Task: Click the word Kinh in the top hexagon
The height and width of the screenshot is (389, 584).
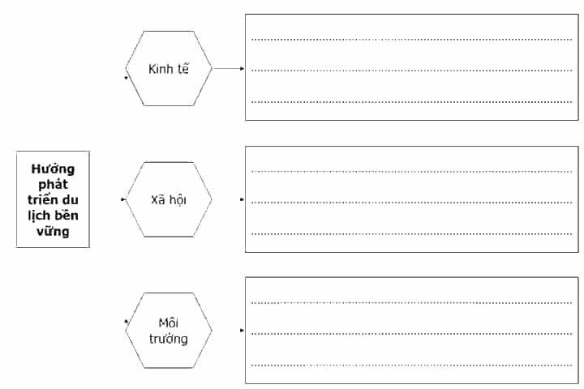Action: (160, 69)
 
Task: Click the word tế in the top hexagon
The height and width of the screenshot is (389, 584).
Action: (182, 69)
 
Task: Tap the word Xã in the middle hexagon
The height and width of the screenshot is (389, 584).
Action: (158, 200)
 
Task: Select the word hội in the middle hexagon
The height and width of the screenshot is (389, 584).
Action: (178, 200)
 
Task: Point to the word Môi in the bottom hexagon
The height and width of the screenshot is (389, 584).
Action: (169, 323)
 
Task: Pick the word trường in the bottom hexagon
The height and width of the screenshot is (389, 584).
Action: (169, 339)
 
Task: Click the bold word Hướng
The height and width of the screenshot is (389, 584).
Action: (53, 169)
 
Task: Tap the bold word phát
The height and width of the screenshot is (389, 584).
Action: (53, 184)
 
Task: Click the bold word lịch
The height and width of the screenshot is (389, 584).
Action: (38, 216)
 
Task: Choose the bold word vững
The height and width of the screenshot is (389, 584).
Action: (53, 232)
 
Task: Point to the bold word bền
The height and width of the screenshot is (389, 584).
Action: (66, 215)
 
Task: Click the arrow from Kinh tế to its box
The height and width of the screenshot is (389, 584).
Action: (229, 69)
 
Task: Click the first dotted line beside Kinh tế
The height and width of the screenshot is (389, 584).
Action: (411, 40)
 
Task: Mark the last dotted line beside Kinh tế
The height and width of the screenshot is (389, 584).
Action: (411, 101)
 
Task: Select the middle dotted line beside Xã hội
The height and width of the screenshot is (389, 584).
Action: (411, 203)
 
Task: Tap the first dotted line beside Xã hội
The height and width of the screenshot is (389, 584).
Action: (411, 172)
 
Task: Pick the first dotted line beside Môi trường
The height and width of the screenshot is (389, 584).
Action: (411, 302)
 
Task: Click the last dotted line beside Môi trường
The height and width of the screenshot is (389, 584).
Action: (411, 365)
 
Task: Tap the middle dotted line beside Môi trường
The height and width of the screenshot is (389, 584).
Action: (411, 334)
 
